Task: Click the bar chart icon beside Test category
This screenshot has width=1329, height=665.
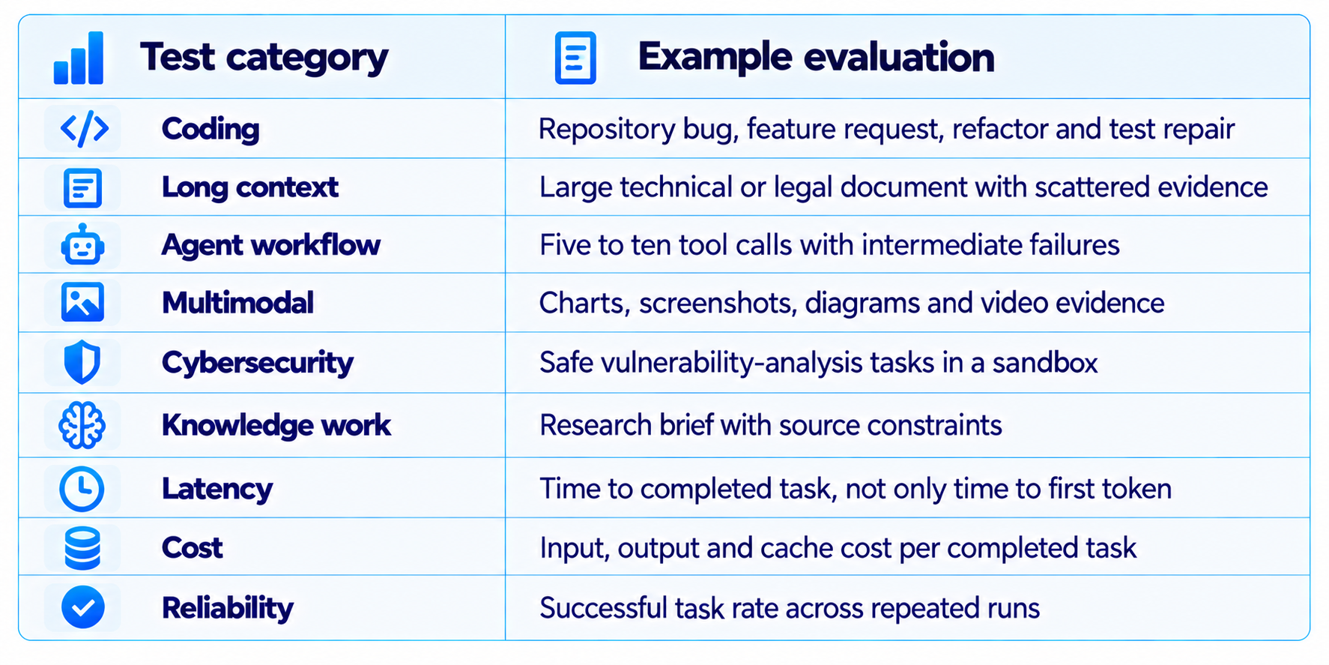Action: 79,58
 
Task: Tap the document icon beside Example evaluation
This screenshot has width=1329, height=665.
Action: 575,58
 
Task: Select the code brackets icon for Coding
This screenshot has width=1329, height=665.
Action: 84,128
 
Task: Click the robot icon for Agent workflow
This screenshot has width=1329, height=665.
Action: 82,245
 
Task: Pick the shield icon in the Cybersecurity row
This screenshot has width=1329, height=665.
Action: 82,362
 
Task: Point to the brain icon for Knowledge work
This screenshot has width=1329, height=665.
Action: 82,425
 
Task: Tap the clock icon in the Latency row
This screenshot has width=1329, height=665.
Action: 82,489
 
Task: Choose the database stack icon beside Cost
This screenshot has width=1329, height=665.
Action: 82,547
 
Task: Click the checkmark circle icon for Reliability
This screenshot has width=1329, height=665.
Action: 82,607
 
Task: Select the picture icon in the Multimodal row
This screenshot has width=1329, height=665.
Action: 82,303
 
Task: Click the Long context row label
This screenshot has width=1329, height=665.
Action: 250,187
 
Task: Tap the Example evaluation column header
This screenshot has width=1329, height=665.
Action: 816,57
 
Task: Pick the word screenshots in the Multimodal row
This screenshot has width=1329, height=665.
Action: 718,304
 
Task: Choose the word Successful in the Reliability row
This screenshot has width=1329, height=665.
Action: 603,608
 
